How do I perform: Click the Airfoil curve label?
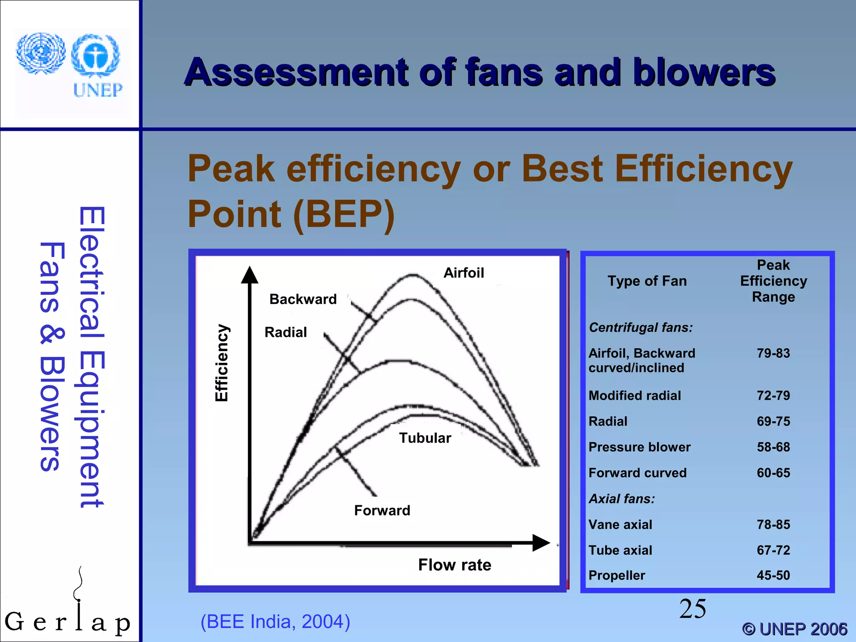pyautogui.click(x=464, y=273)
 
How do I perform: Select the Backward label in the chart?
pyautogui.click(x=303, y=299)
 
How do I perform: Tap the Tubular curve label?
pyautogui.click(x=425, y=438)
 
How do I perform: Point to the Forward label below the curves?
pyautogui.click(x=382, y=510)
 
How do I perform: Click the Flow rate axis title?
pyautogui.click(x=455, y=565)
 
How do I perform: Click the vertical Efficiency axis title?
pyautogui.click(x=222, y=363)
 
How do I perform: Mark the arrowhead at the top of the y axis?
pyautogui.click(x=250, y=275)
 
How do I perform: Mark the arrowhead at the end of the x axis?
pyautogui.click(x=541, y=543)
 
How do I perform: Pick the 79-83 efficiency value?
pyautogui.click(x=773, y=353)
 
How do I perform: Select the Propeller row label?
pyautogui.click(x=617, y=576)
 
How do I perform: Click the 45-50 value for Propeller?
pyautogui.click(x=773, y=576)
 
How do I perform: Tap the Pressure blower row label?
pyautogui.click(x=639, y=447)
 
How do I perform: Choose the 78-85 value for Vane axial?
pyautogui.click(x=773, y=525)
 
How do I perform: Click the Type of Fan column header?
pyautogui.click(x=647, y=281)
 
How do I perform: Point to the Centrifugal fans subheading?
pyautogui.click(x=641, y=327)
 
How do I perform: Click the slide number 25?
pyautogui.click(x=693, y=609)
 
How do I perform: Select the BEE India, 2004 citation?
pyautogui.click(x=275, y=622)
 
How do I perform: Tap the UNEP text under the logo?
pyautogui.click(x=98, y=90)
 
